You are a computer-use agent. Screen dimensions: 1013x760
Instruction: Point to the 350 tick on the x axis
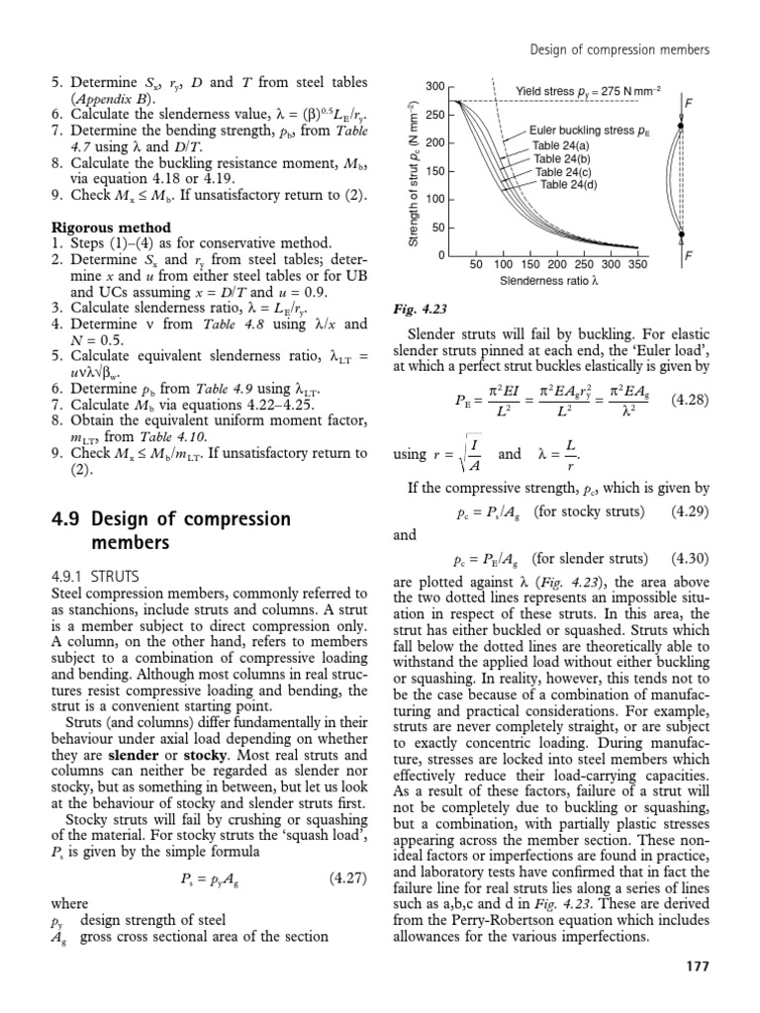pos(637,265)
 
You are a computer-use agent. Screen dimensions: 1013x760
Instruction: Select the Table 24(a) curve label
pos(562,145)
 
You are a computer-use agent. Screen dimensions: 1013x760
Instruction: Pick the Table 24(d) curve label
pos(569,184)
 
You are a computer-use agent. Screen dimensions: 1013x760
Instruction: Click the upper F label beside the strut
pos(688,102)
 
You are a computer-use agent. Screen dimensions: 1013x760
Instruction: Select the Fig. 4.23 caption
pos(416,306)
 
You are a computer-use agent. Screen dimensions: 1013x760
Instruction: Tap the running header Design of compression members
pos(619,48)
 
